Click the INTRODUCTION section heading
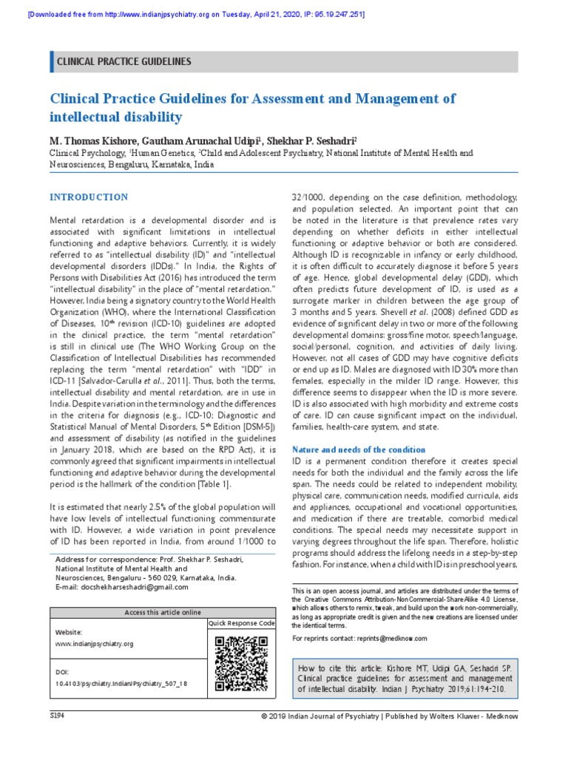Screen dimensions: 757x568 coord(88,197)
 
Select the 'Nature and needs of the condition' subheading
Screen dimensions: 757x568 coord(359,449)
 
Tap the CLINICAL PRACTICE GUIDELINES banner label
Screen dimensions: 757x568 coord(124,62)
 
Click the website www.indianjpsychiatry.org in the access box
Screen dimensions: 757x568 coord(95,644)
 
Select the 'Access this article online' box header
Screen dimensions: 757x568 coord(163,612)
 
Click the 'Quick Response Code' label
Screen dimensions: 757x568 coord(241,624)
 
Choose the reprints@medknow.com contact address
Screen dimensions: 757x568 coord(391,638)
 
